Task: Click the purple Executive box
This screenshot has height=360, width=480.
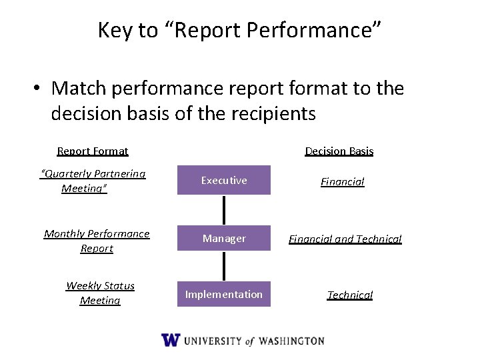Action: click(x=223, y=180)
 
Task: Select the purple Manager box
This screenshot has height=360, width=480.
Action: click(x=223, y=238)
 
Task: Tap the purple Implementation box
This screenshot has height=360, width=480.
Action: click(x=223, y=294)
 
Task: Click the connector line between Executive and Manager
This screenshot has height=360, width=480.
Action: click(x=224, y=209)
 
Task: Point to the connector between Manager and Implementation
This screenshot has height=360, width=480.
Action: click(x=224, y=266)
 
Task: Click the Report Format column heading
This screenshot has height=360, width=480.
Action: click(x=93, y=151)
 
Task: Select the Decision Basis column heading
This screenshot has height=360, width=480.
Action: click(x=339, y=151)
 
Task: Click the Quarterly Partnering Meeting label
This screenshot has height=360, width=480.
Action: click(x=93, y=181)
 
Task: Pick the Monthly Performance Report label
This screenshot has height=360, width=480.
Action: click(x=97, y=241)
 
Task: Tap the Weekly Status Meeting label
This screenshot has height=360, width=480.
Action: click(x=100, y=293)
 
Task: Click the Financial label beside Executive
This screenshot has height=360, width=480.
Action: click(x=342, y=181)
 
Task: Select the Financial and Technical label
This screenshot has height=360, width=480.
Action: click(x=345, y=239)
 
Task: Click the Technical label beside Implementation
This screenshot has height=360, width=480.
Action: click(x=349, y=295)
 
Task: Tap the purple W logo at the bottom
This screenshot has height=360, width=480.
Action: click(x=171, y=340)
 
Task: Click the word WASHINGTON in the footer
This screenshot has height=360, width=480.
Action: click(x=291, y=341)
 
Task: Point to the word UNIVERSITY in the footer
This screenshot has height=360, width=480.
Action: click(x=213, y=341)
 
